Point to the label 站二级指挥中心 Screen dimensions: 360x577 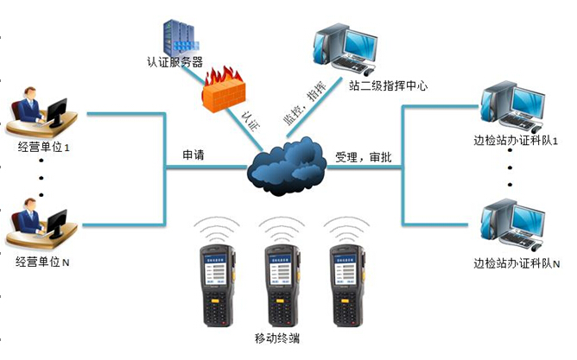(388, 86)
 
